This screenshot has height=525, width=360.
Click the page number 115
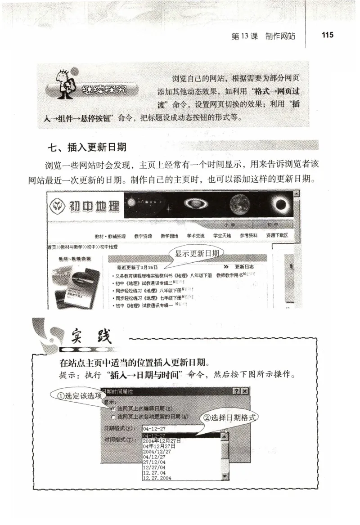pos(328,35)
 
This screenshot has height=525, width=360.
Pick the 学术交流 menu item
pos(196,236)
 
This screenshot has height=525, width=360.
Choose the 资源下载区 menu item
pos(276,236)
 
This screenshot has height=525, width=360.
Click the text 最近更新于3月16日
pos(137,267)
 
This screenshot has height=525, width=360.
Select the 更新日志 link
pos(245,267)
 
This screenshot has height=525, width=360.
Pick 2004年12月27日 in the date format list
pos(162,441)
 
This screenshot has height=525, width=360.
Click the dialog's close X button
pos(244,391)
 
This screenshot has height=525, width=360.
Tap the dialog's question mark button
pos(236,391)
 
